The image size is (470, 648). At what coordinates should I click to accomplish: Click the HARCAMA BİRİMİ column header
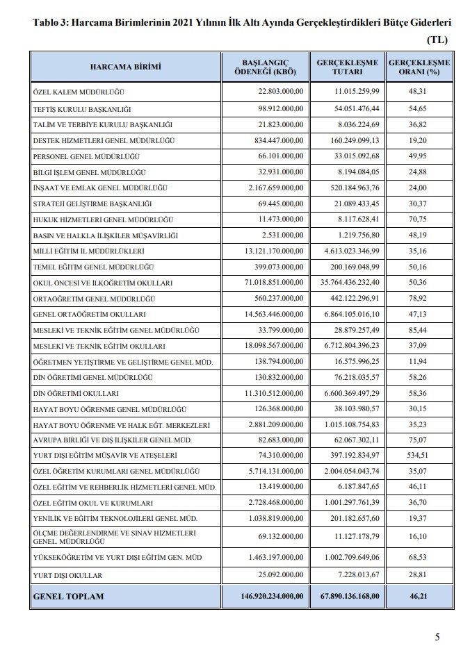tap(125, 67)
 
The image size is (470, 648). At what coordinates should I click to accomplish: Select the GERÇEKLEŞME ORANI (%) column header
tap(419, 67)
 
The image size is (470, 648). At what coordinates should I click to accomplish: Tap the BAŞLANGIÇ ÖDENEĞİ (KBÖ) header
tap(266, 67)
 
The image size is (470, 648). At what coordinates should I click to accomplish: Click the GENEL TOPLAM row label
tap(68, 596)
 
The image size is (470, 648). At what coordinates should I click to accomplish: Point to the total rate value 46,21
tap(419, 596)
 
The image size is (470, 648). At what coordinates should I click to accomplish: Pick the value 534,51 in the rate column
tap(419, 456)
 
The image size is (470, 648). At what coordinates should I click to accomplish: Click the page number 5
tap(437, 636)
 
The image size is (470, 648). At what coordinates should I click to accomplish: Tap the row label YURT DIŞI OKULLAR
tap(67, 575)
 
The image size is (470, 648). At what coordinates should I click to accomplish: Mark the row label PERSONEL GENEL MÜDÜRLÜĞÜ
tap(90, 156)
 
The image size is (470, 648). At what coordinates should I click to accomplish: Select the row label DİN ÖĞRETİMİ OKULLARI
tap(78, 393)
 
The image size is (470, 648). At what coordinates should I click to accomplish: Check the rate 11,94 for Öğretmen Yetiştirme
tap(419, 362)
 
